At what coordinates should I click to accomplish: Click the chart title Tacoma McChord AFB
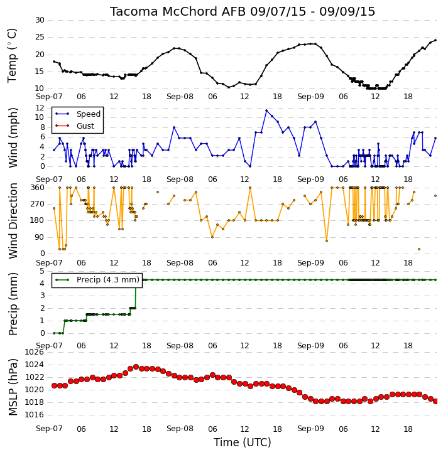click(x=177, y=11)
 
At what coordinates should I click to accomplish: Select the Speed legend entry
click(x=78, y=114)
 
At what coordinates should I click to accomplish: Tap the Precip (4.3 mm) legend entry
click(x=97, y=280)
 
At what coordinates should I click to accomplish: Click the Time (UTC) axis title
click(x=243, y=442)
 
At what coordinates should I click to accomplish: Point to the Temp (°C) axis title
click(x=12, y=55)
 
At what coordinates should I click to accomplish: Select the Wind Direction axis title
click(x=13, y=221)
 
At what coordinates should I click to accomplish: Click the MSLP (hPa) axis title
click(x=13, y=387)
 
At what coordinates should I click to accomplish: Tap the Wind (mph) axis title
click(x=13, y=138)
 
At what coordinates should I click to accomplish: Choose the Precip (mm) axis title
click(x=13, y=304)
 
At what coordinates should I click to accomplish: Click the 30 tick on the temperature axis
click(x=40, y=20)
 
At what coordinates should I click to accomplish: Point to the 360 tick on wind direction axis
click(x=38, y=188)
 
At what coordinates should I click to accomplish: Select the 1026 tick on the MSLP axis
click(x=35, y=352)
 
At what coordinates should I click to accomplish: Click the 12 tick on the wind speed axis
click(x=40, y=108)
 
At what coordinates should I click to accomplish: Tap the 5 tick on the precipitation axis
click(x=42, y=271)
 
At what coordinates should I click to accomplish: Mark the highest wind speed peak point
click(x=266, y=110)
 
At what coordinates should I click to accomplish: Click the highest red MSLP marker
click(x=136, y=367)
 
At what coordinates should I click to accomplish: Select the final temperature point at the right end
click(x=435, y=40)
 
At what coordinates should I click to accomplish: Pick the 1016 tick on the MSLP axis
click(x=35, y=415)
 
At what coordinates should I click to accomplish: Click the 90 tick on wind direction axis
click(x=40, y=237)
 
